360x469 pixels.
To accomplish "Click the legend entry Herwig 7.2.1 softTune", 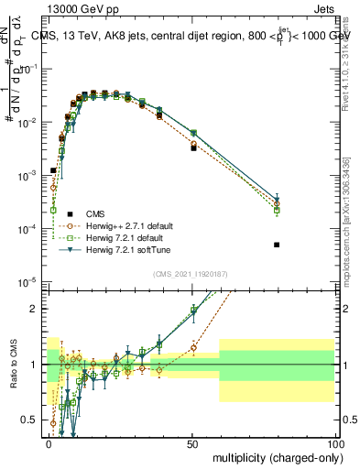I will click(x=126, y=249).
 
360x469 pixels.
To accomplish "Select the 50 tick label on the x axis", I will click(x=192, y=444).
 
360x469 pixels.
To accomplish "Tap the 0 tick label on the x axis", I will click(x=49, y=444).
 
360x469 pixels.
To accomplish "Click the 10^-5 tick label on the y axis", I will click(x=28, y=281).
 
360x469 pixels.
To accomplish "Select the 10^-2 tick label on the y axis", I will click(x=28, y=121).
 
